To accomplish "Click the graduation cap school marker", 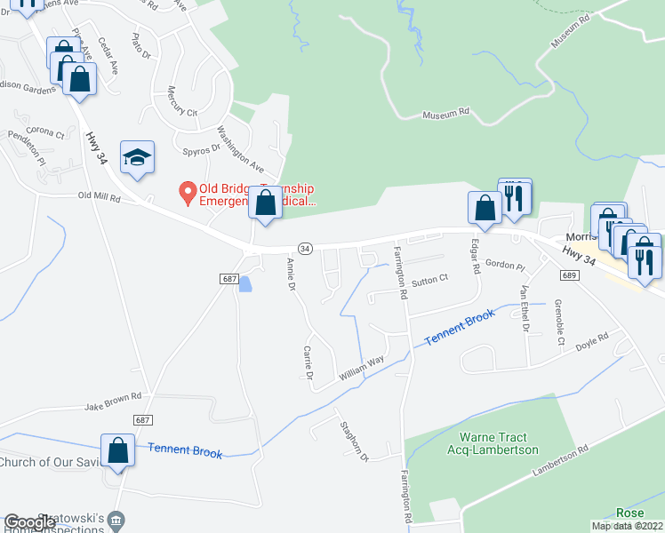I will coord(137,157).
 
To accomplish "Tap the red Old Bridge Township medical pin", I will coord(188,191).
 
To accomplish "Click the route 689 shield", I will coord(570,275).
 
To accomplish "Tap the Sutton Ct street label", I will coord(429,278).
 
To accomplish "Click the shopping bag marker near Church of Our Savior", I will coord(117,451).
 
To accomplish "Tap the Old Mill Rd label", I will coord(99,196).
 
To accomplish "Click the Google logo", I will coord(29,522).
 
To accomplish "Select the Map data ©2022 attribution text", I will coord(628,526).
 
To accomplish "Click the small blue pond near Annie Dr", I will coord(245,283).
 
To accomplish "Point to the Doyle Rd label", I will coord(591,342).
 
